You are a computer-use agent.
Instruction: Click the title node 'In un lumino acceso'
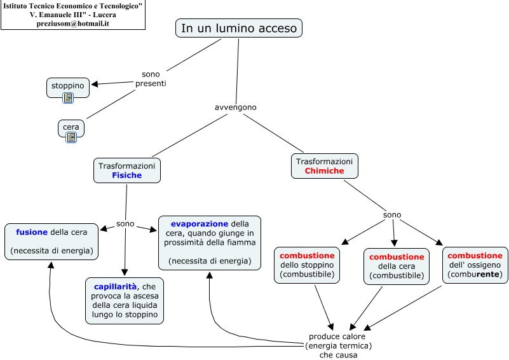coord(239,28)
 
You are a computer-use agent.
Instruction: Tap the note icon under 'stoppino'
coord(68,98)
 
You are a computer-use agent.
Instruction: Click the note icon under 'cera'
coord(71,137)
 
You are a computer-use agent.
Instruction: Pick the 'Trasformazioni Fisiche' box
coord(127,170)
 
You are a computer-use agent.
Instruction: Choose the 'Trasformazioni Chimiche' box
coord(324,166)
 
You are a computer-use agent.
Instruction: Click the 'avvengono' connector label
coord(236,107)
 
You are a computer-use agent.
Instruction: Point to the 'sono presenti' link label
coord(151,79)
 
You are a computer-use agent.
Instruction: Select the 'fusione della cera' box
coord(51,242)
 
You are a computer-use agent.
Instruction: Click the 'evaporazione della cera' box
coord(209,242)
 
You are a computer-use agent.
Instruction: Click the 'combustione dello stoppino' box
coord(307,265)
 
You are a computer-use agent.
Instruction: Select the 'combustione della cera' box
coord(397,266)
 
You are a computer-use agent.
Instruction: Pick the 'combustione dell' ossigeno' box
coord(475,265)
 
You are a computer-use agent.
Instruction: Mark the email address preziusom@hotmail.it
coord(73,24)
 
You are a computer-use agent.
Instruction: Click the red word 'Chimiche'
coord(324,171)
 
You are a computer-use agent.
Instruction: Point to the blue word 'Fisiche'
coord(127,176)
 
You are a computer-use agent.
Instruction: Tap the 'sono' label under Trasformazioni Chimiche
coord(392,214)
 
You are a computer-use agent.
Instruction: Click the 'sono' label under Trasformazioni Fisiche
coord(125,224)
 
